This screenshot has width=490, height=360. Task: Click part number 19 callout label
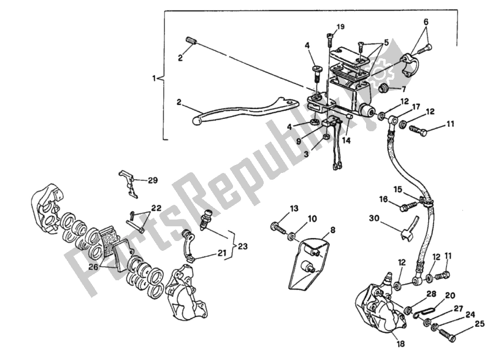341,26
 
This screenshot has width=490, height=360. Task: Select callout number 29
152,180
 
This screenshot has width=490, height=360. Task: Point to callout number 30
374,218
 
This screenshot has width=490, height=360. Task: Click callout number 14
346,140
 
